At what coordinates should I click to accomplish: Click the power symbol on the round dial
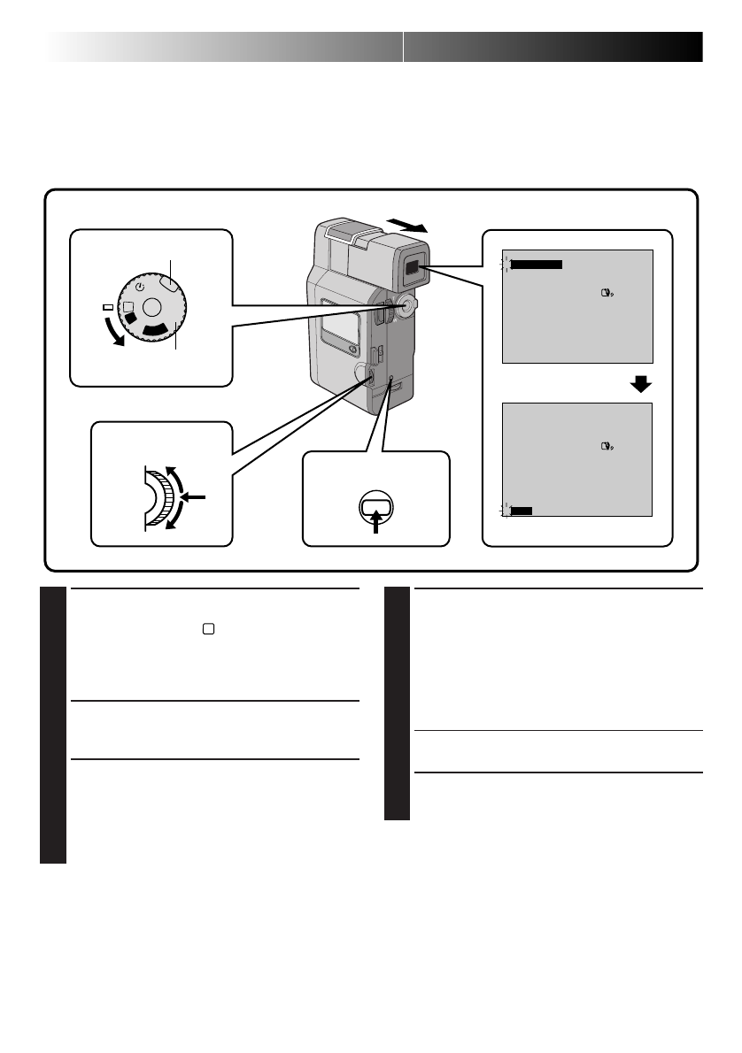[x=140, y=288]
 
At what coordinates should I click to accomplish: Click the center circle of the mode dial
[x=152, y=308]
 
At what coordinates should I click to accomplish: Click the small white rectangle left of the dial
[x=108, y=307]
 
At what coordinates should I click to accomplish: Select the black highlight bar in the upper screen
[x=537, y=263]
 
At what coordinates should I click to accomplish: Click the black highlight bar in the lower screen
[x=522, y=510]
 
